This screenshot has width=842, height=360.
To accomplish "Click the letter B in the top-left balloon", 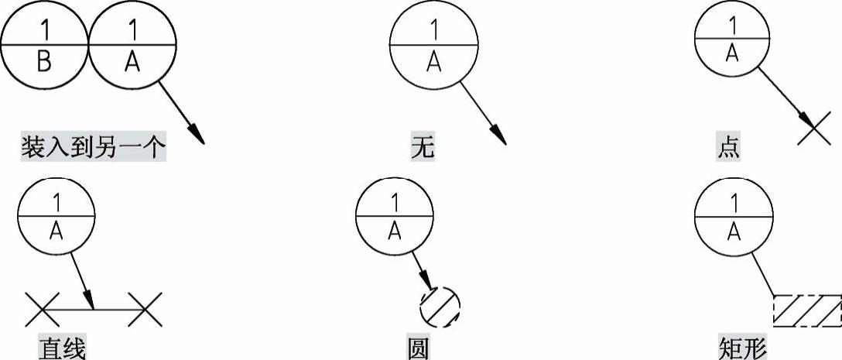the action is point(44,63).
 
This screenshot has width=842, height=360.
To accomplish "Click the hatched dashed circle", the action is point(440,307).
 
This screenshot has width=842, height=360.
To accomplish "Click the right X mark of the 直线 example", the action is point(145,309).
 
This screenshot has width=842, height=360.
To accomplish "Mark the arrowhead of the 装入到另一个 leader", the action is point(197,133).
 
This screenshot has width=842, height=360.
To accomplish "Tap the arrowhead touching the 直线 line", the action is point(91,299).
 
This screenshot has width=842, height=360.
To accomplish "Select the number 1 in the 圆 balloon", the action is point(394,203).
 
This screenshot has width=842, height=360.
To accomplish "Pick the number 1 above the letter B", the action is point(44,30).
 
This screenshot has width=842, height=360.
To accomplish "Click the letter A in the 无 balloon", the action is point(433,63).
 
